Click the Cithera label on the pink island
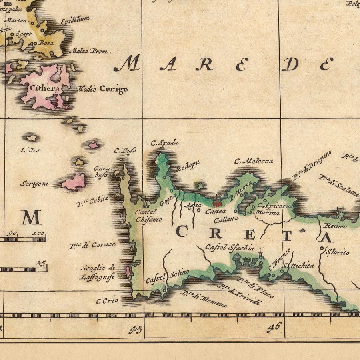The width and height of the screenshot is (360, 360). (46, 88)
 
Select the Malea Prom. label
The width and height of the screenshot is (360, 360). (90, 51)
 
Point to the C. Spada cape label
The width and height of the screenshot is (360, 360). (164, 142)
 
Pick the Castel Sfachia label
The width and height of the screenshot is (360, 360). (230, 248)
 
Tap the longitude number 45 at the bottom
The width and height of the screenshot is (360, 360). (136, 329)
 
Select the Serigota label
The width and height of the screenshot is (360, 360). (34, 184)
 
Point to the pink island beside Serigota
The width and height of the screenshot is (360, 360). (74, 182)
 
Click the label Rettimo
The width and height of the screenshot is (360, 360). (335, 226)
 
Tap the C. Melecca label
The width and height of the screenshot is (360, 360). (254, 161)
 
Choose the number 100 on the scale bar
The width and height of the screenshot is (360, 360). (39, 233)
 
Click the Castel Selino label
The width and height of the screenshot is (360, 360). (167, 276)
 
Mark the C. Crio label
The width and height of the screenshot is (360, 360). (107, 300)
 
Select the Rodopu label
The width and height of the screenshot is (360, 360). (188, 166)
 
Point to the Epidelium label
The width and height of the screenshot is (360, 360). (75, 20)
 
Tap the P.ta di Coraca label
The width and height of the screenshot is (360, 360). (92, 245)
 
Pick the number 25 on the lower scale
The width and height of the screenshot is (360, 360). (41, 263)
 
